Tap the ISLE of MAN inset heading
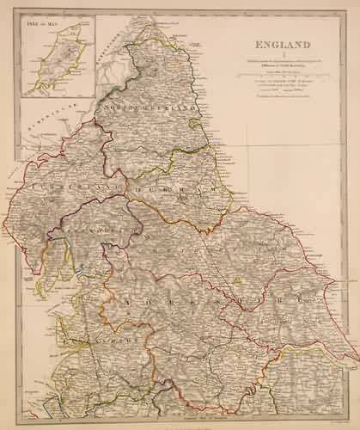(x=46, y=23)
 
